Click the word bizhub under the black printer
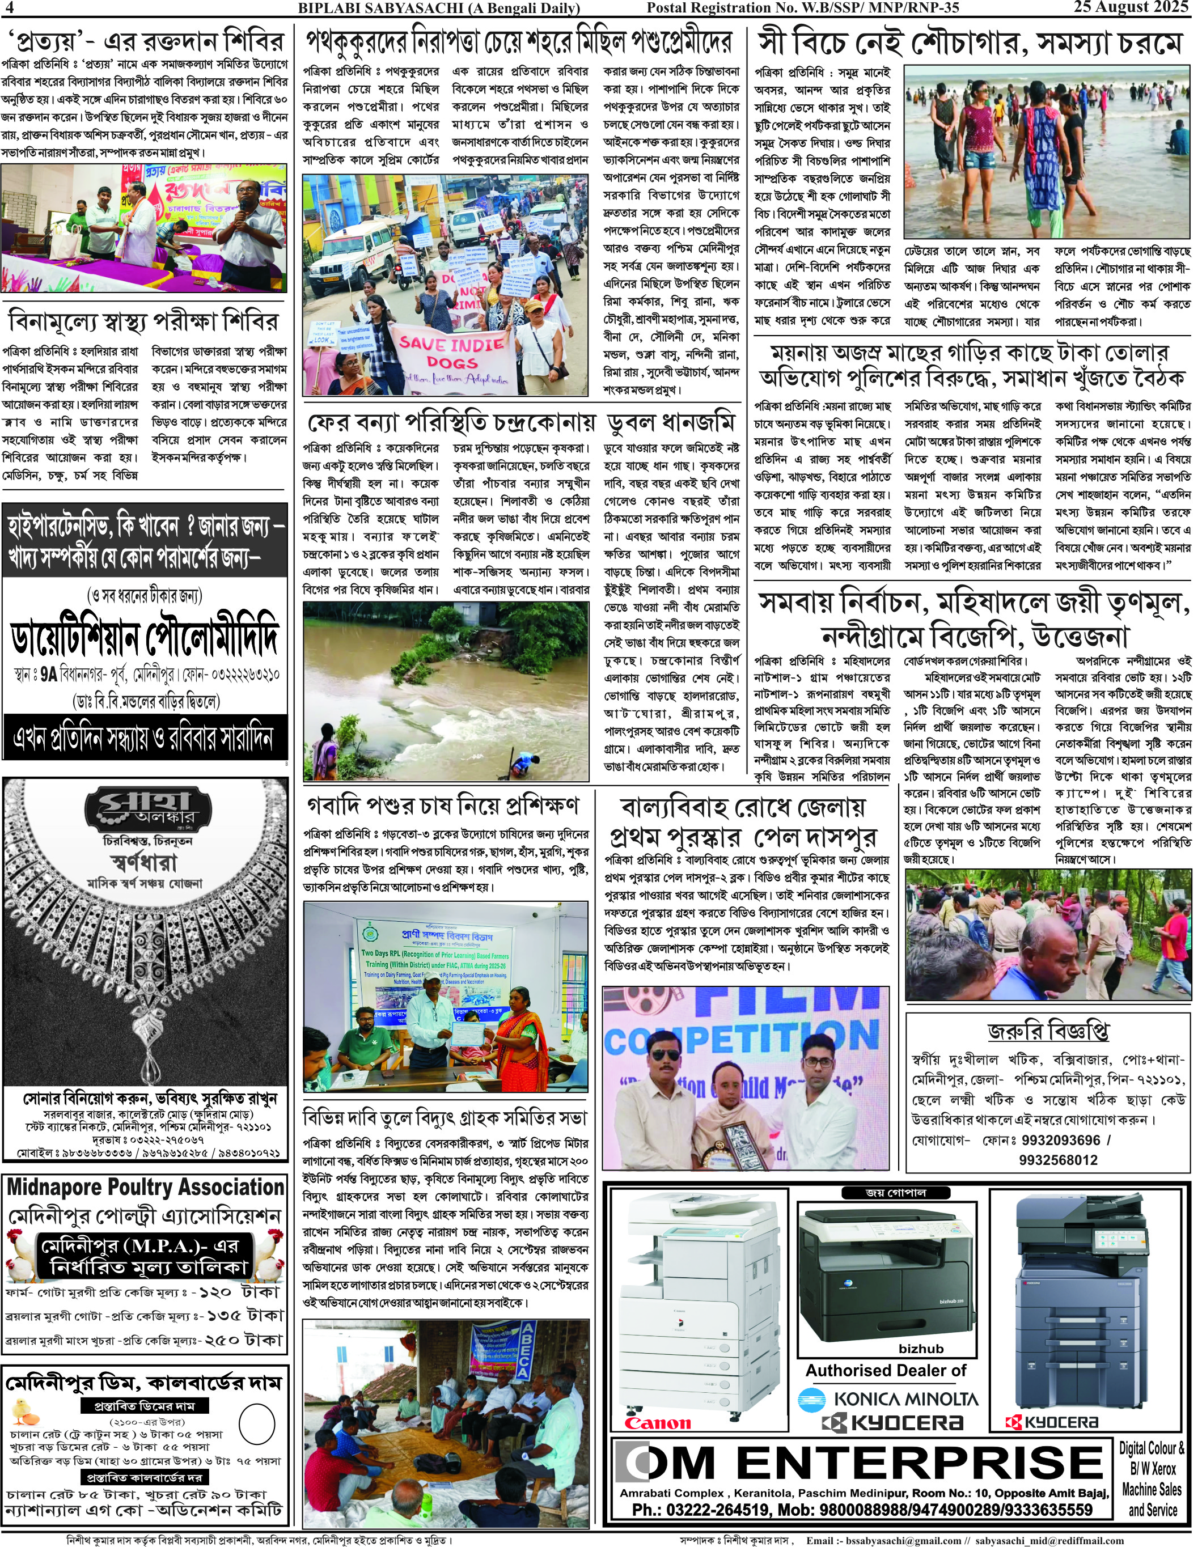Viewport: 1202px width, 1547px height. (921, 1349)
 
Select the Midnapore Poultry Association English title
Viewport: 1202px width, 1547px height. (145, 1187)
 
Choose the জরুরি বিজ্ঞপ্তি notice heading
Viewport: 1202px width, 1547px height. (1048, 1031)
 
